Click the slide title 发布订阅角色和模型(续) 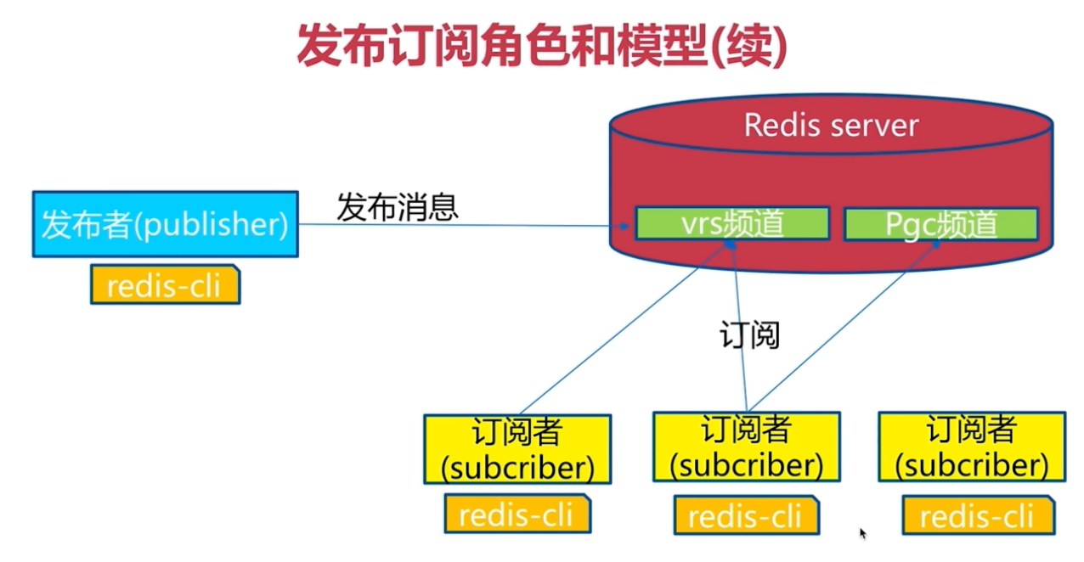point(542,46)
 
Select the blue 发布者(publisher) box point(166,224)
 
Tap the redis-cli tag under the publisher point(165,285)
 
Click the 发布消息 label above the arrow point(398,207)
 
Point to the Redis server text point(832,126)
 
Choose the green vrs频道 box point(732,223)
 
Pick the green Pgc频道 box point(941,224)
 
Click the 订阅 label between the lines point(749,334)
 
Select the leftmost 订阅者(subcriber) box point(517,449)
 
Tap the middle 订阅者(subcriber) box point(746,447)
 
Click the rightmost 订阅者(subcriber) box point(972,447)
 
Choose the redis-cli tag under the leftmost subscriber point(517,514)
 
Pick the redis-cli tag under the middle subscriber point(746,515)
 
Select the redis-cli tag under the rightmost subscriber point(978,515)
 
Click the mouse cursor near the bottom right point(863,533)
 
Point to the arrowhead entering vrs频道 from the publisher point(624,226)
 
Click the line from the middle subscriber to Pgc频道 point(843,328)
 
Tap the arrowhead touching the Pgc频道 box point(935,245)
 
